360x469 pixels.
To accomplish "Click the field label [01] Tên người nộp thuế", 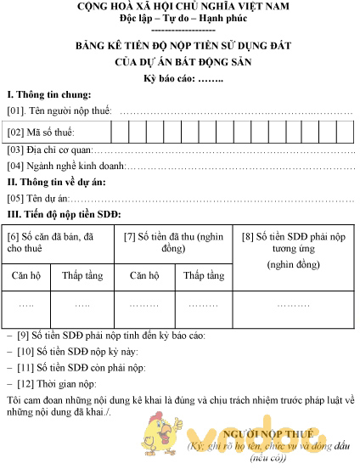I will coord(60,111).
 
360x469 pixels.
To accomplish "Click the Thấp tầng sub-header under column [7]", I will coord(204,275).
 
